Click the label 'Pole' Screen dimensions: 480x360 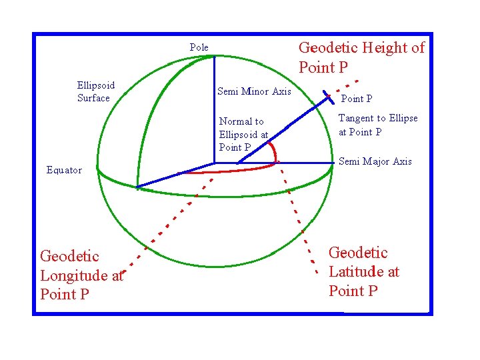[x=199, y=47]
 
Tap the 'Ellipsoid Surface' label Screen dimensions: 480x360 [x=95, y=92]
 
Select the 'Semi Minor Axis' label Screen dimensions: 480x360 [x=254, y=91]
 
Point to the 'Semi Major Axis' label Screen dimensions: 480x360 [x=375, y=161]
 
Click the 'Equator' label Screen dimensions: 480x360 [x=64, y=170]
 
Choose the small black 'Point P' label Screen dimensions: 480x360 [x=357, y=99]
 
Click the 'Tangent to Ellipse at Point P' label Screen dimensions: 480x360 [x=378, y=125]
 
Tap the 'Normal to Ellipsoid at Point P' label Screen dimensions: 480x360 [x=243, y=134]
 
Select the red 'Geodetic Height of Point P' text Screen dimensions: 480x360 [x=361, y=57]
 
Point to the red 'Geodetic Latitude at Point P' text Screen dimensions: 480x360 [x=363, y=271]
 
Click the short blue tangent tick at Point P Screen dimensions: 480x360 [x=328, y=97]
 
